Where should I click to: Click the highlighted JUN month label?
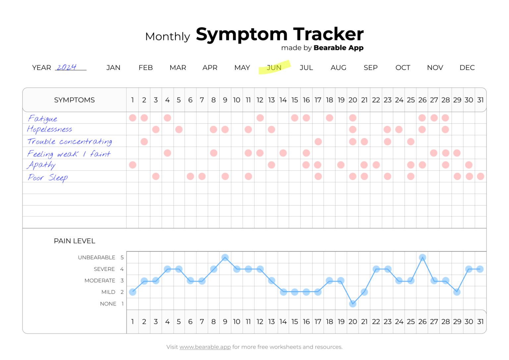pos(274,68)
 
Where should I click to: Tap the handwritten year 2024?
pos(67,67)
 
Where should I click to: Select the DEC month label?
pos(467,68)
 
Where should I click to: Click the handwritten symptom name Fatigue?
pos(43,119)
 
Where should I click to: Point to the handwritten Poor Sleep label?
pos(48,178)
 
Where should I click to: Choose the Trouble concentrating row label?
pos(70,142)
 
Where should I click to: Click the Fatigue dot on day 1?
pos(133,118)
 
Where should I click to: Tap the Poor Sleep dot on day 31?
pos(481,176)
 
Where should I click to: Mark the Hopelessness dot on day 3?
pos(156,129)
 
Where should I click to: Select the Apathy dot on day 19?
pos(341,165)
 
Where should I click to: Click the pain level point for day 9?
pos(225,258)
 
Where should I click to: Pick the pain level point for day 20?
pos(353,304)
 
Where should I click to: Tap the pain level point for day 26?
pos(422,258)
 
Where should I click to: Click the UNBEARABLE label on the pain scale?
pos(96,258)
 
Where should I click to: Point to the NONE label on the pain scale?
pos(108,304)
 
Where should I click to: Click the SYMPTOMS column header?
pos(75,100)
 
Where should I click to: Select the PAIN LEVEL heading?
pos(75,241)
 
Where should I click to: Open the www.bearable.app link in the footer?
pos(205,347)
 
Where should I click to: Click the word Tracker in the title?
pos(328,34)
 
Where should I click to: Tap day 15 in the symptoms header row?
pos(295,100)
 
